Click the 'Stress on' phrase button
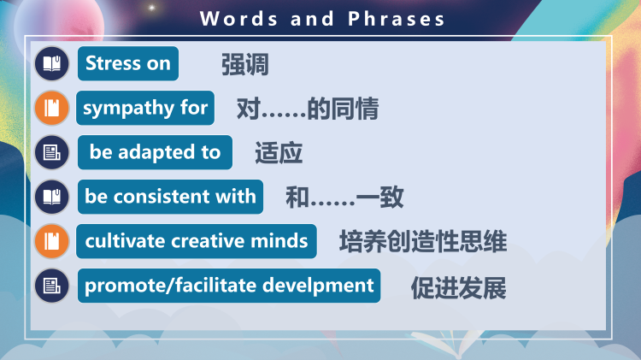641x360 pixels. click(127, 63)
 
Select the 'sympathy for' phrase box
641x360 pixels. click(145, 108)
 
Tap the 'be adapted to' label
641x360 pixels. click(155, 152)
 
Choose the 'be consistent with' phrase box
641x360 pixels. click(170, 197)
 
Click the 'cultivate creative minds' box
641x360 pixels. click(196, 241)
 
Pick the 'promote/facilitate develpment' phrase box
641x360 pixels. click(229, 286)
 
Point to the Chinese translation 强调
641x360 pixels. click(244, 65)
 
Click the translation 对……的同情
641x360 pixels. click(307, 109)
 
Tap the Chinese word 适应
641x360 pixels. click(279, 154)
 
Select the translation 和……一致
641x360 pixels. click(344, 198)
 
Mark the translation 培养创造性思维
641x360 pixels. click(423, 242)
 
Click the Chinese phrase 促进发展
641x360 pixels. click(458, 287)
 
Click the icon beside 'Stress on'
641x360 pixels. click(52, 63)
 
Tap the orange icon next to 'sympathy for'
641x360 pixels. click(52, 108)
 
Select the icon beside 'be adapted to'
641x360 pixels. click(52, 152)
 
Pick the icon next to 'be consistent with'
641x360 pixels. click(52, 197)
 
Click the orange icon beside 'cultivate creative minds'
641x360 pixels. click(52, 241)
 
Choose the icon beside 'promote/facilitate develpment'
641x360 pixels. click(52, 286)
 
